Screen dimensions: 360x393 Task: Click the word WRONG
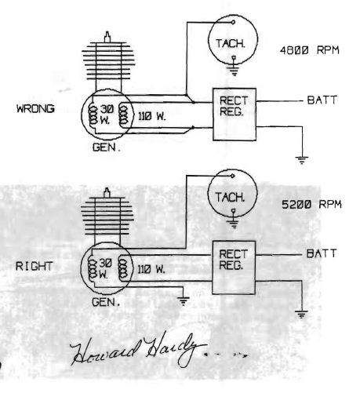tap(35, 108)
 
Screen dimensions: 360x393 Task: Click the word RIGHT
tap(34, 266)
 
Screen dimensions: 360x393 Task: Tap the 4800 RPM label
tap(309, 50)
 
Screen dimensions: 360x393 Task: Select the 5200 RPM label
tap(311, 204)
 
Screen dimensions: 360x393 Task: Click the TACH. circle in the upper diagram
tap(209, 39)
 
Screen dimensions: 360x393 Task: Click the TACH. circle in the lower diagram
tap(208, 194)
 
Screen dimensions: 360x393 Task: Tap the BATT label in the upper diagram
tap(322, 100)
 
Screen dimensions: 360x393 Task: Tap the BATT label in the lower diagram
tap(322, 253)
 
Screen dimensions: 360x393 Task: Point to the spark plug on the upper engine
tap(107, 37)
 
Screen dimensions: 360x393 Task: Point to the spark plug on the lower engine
tap(107, 193)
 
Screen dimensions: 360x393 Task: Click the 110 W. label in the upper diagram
tap(152, 116)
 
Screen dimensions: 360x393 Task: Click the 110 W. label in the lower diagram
tap(151, 269)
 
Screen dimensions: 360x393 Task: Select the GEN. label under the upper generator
tap(107, 147)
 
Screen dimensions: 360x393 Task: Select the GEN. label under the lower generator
tap(106, 302)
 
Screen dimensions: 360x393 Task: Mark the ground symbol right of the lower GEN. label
tap(183, 301)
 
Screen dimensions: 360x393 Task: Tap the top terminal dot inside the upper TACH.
tap(233, 22)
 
